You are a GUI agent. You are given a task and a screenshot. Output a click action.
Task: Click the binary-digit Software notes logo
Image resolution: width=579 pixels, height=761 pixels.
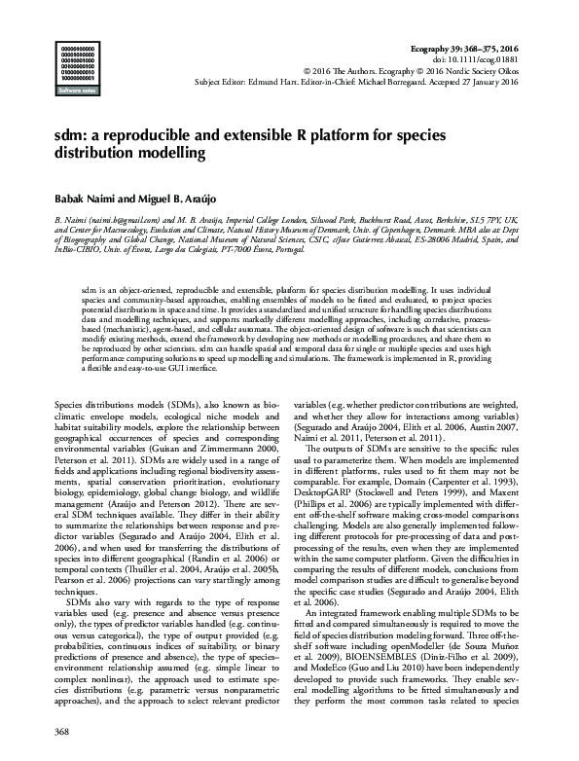click(81, 69)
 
